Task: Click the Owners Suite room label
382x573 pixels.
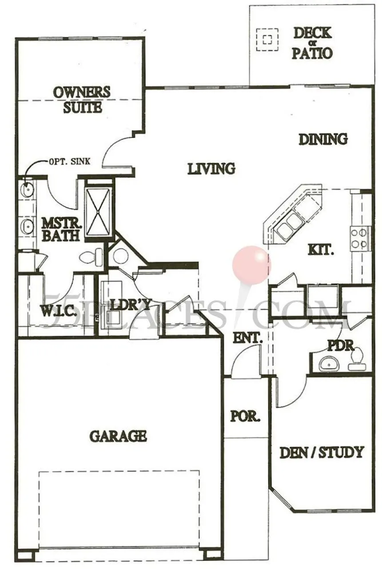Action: pos(82,100)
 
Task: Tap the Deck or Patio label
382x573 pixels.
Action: pos(312,43)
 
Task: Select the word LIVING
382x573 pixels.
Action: pos(211,169)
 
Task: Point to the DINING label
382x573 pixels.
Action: pos(323,139)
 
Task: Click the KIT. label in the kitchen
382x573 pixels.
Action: pos(321,250)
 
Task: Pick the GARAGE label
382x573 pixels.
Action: pos(118,436)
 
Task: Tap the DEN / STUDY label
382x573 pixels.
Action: pos(322,453)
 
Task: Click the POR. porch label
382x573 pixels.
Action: pos(245,417)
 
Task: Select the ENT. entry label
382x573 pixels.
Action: pos(247,338)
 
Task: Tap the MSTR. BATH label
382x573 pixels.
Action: pos(60,228)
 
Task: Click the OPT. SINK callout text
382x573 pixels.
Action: pos(70,161)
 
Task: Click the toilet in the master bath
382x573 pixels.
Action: pos(92,256)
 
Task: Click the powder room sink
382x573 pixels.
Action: pos(329,363)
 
